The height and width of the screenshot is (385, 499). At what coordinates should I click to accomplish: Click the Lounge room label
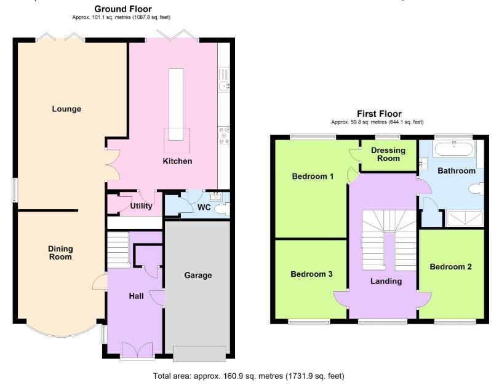pos(66,109)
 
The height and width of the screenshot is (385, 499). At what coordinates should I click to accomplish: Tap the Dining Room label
pos(60,252)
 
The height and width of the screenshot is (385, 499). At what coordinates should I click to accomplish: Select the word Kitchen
pos(177,161)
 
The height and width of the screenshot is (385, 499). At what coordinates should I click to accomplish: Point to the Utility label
pos(141,206)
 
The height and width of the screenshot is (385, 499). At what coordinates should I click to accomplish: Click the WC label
pos(204,207)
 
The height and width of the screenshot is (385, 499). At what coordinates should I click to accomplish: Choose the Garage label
pos(198,275)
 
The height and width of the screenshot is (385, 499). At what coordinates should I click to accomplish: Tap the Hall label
pos(136,296)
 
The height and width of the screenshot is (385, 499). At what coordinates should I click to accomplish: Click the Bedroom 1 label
pos(312,177)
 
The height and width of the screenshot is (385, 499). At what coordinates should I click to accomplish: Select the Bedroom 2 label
pos(450,267)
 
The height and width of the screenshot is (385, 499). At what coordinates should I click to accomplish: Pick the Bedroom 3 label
pos(311,274)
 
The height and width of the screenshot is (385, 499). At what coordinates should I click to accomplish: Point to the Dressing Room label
pos(388,154)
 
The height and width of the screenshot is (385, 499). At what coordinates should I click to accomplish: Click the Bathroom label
pos(456,170)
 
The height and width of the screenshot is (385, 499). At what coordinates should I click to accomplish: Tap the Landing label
pos(386,281)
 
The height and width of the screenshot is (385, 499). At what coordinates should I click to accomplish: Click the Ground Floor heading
pos(122,9)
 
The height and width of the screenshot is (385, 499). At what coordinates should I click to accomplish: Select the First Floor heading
pos(379,114)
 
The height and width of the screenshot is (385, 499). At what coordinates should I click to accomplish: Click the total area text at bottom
pos(249,375)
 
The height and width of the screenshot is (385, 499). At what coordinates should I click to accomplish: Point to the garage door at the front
pos(199,354)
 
